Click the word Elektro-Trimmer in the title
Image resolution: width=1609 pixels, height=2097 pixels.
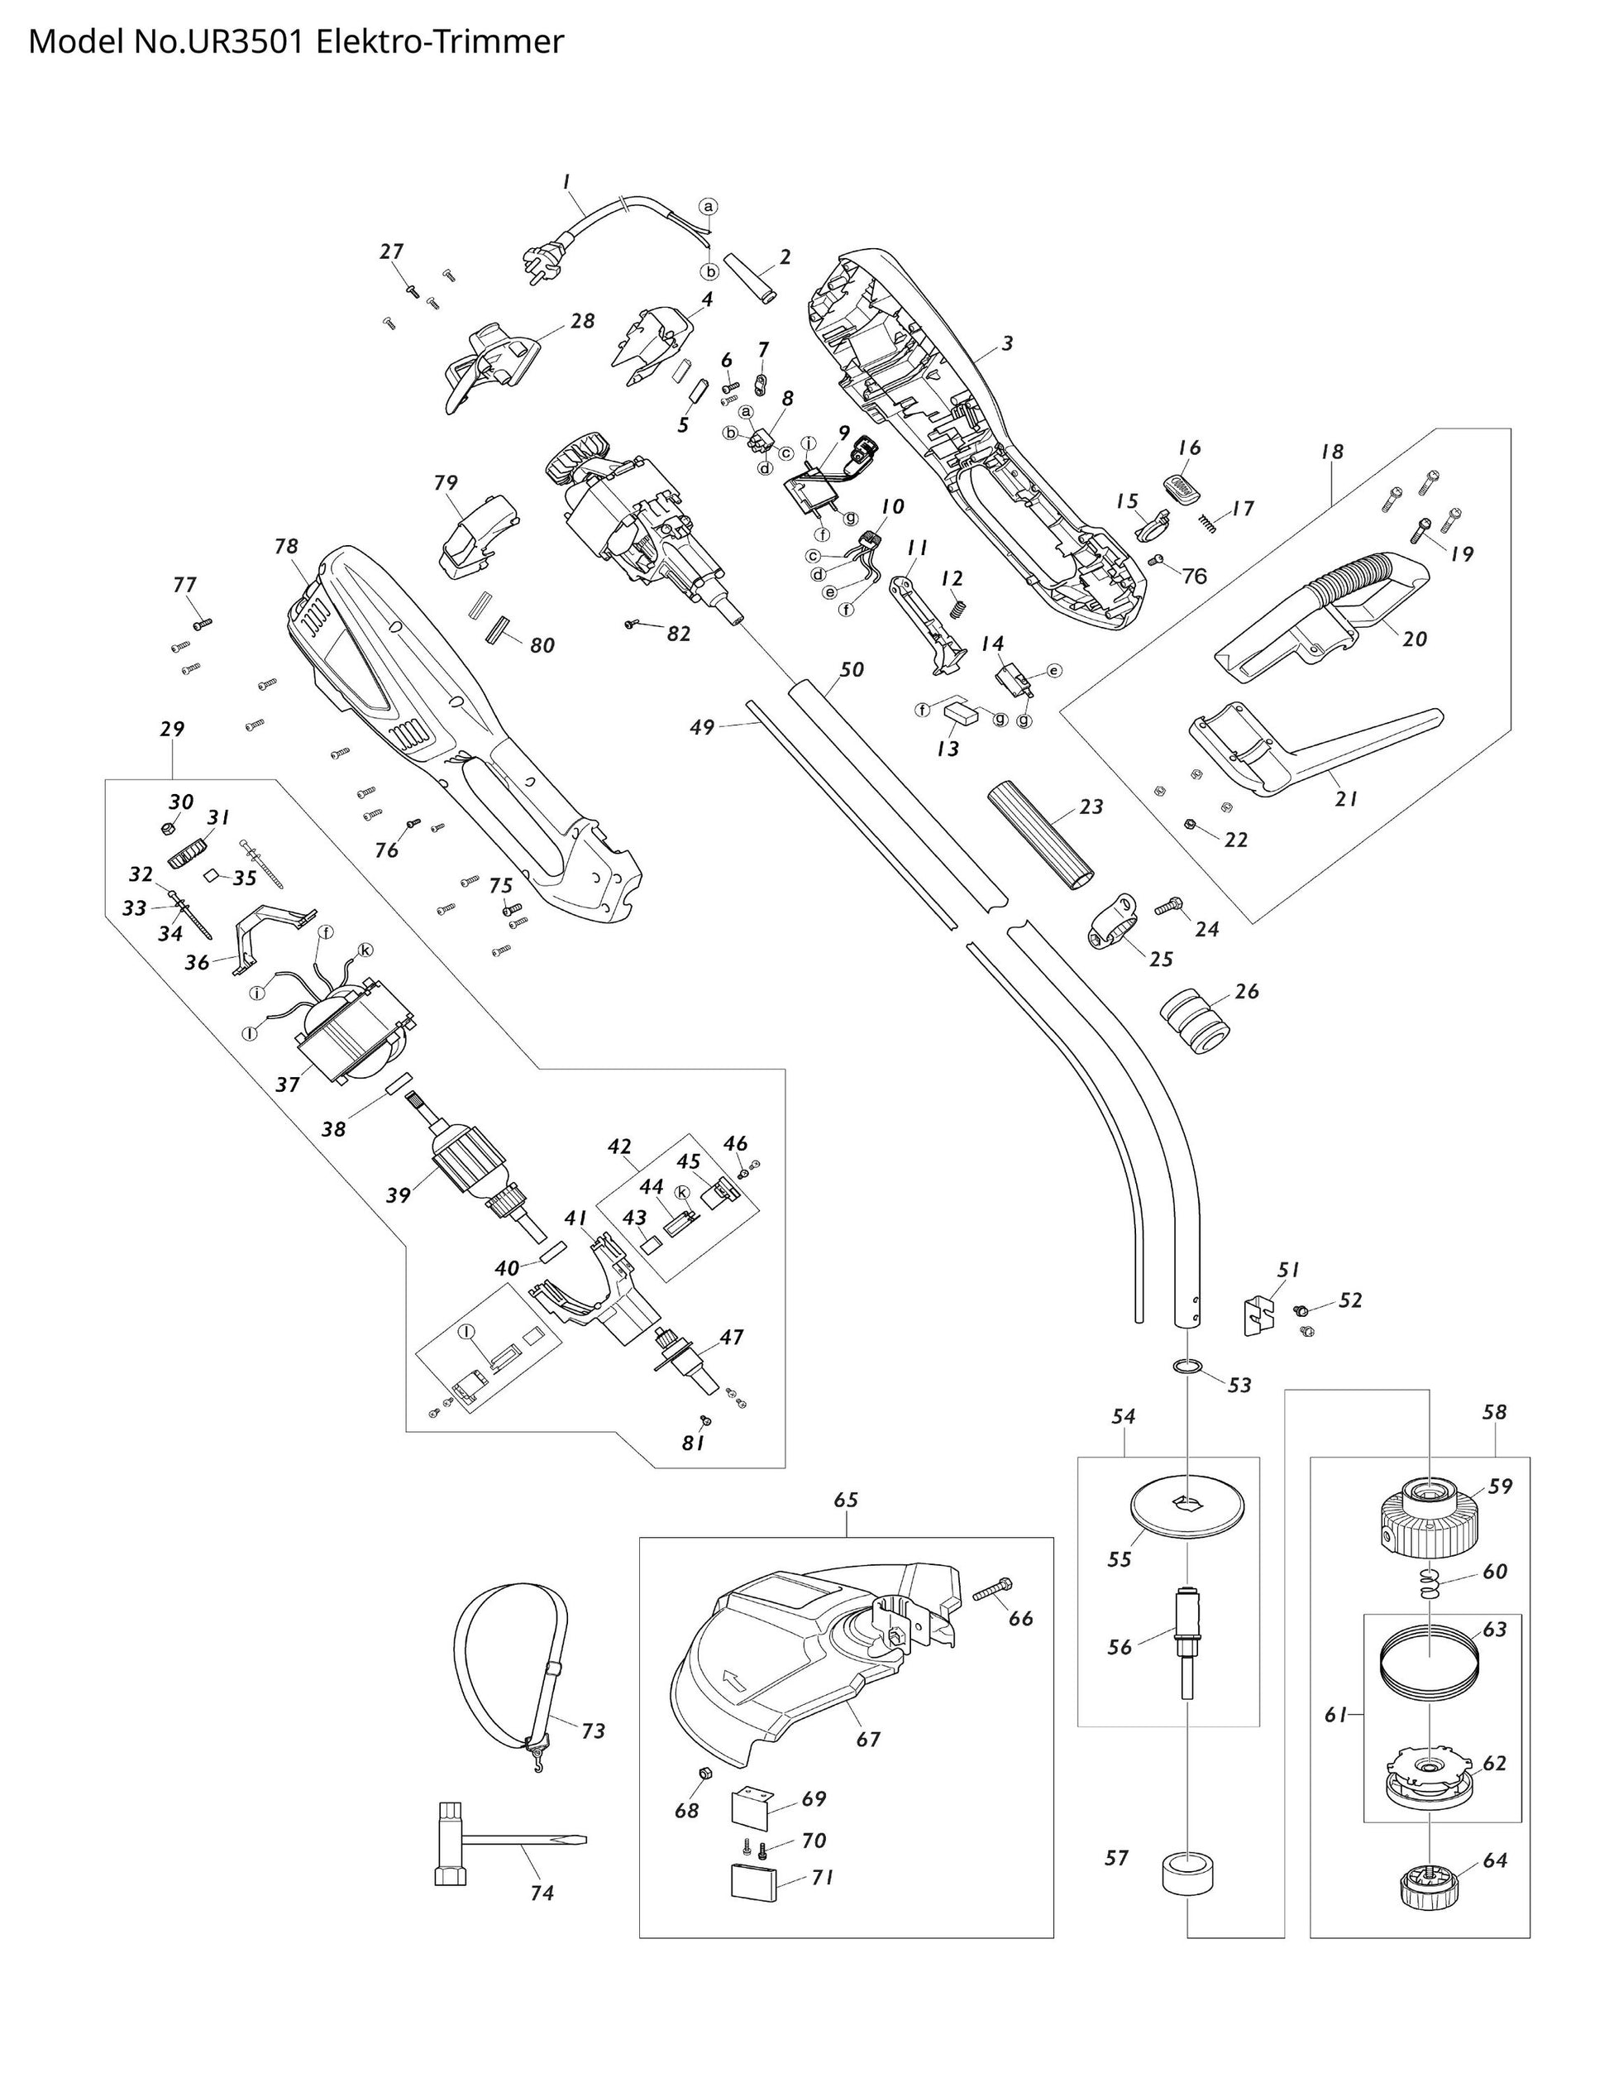440,43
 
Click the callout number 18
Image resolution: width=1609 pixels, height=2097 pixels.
1331,451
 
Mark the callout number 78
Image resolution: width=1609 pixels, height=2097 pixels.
286,546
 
